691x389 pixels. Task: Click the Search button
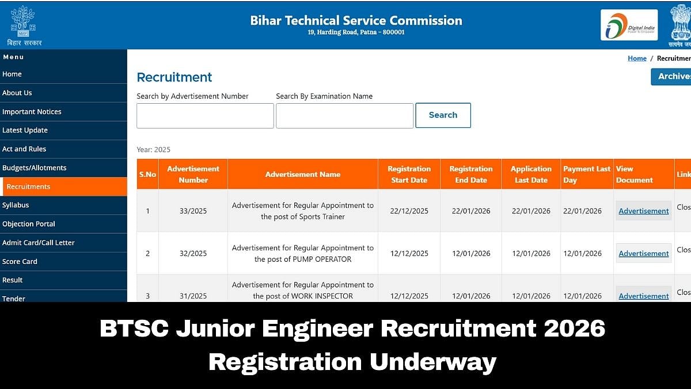coord(443,115)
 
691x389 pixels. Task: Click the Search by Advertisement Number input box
coord(205,116)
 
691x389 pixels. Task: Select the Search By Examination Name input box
coord(344,116)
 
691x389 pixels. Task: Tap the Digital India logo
coord(629,25)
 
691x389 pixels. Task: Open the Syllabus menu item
coord(16,205)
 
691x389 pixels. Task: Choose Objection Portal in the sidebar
coord(29,224)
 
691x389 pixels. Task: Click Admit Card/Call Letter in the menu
coord(39,243)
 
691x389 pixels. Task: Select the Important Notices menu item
coord(32,112)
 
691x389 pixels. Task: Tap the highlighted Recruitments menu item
coord(29,187)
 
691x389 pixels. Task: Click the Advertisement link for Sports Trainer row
coord(643,211)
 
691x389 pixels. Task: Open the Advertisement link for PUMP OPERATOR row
coord(643,254)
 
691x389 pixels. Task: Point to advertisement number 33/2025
coord(193,211)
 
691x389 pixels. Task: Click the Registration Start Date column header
coord(409,174)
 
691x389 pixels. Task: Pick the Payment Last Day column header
coord(586,174)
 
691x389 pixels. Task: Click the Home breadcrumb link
coord(637,58)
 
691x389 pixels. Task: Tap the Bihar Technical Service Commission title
coord(356,21)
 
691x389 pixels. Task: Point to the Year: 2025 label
coord(154,150)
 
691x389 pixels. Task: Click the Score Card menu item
coord(20,262)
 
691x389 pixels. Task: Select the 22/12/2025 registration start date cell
coord(409,211)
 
